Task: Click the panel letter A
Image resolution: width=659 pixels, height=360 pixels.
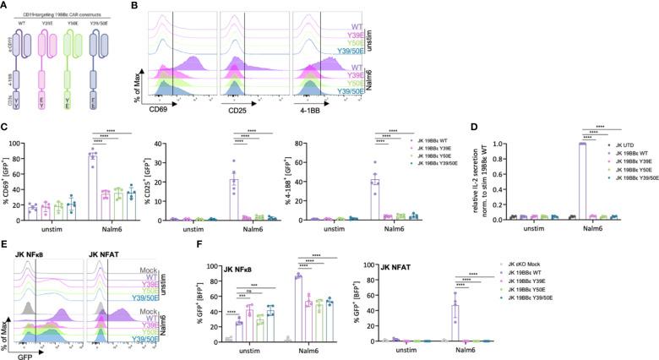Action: (x=5, y=6)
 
